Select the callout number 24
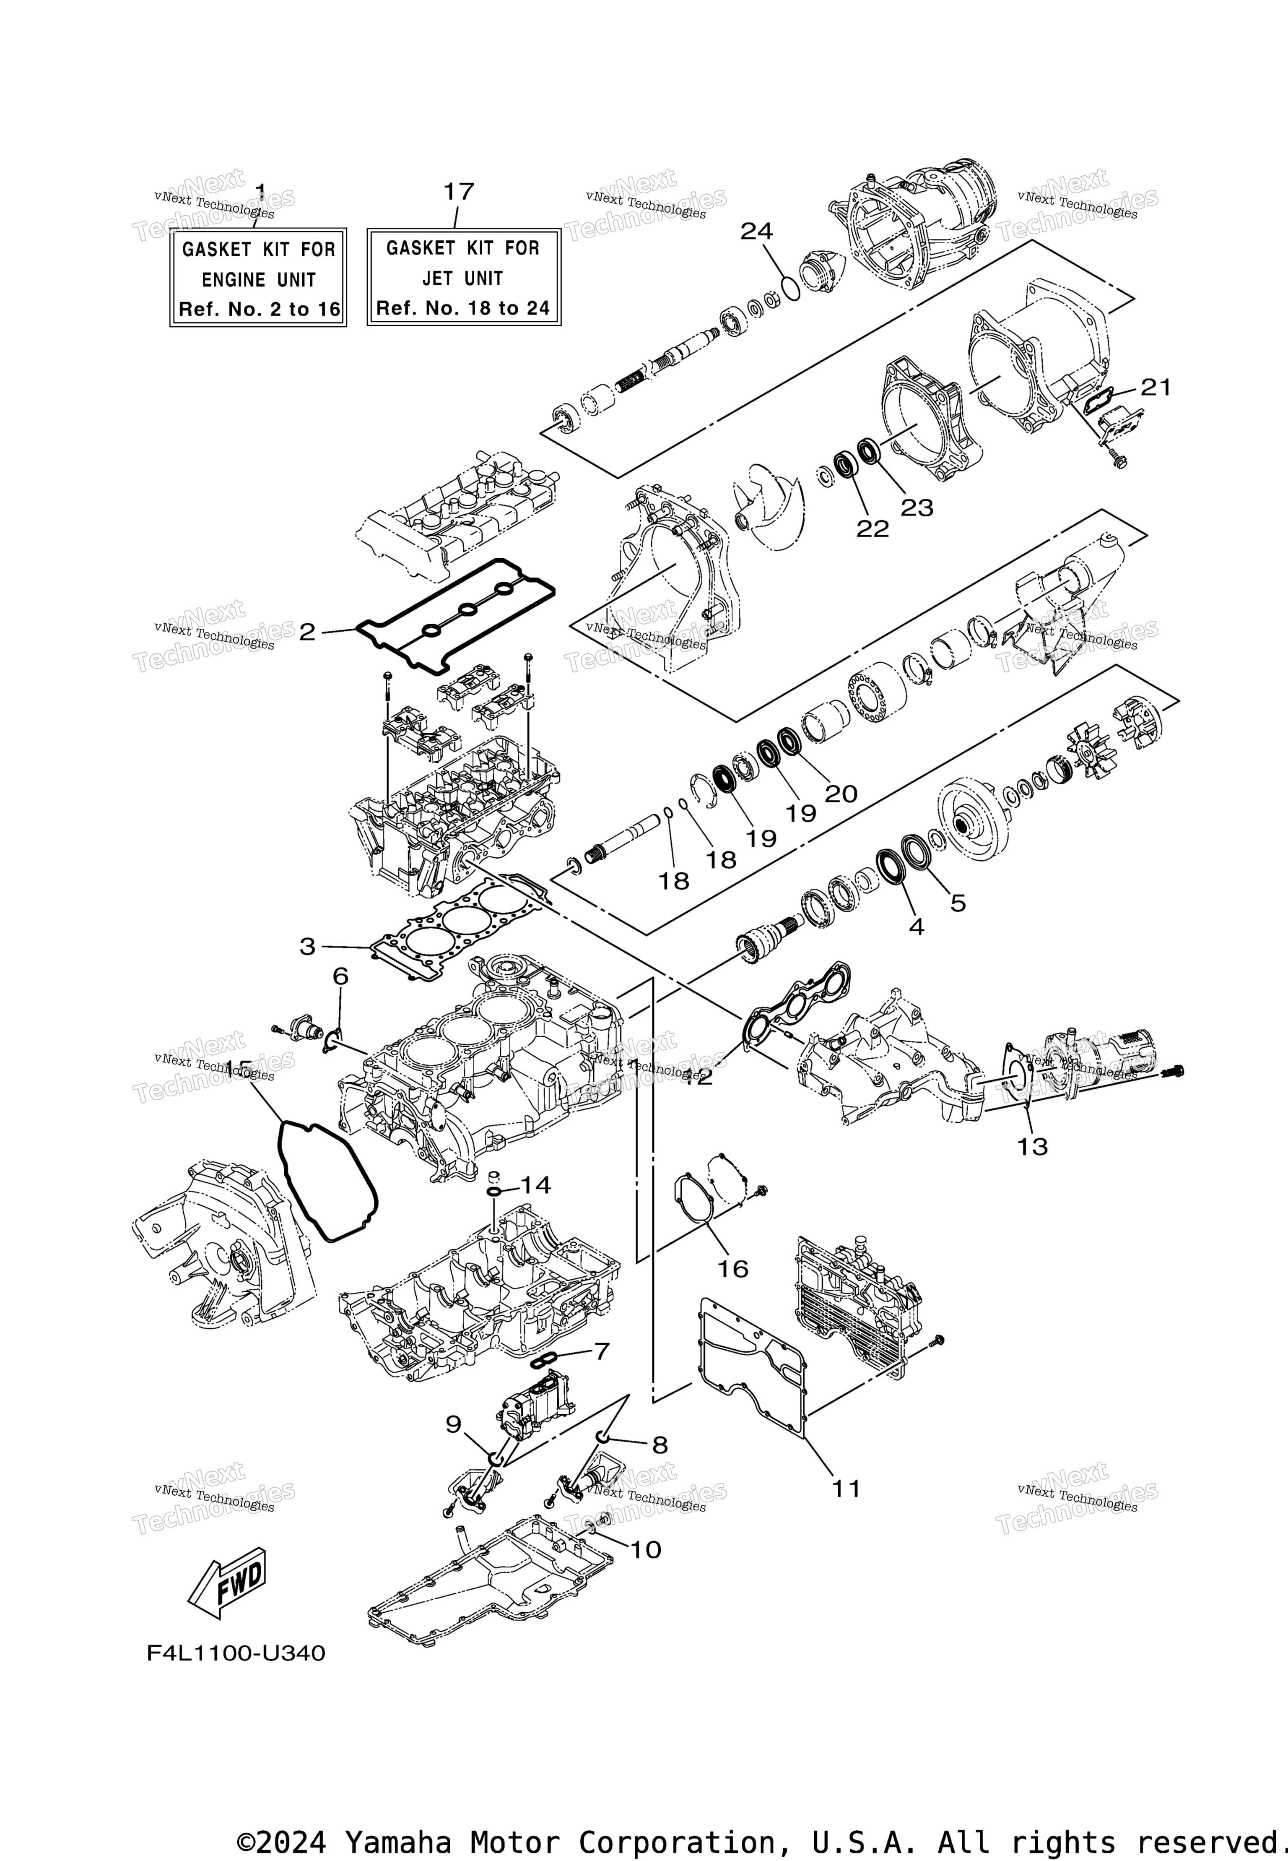[756, 232]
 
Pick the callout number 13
[1032, 1146]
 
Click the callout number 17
[458, 192]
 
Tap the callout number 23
[917, 508]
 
